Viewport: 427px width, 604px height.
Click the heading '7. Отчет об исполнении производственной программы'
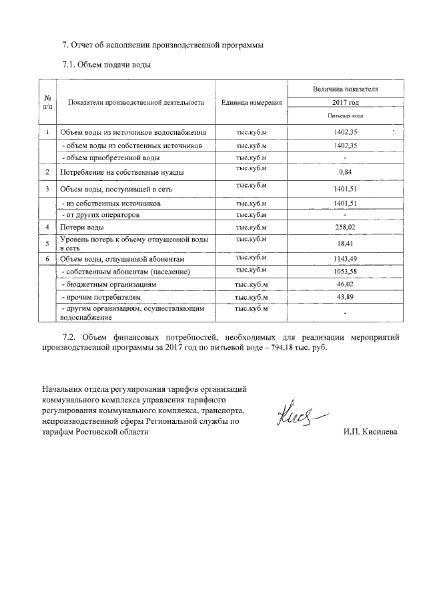click(163, 45)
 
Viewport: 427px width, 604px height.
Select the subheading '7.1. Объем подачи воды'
click(106, 65)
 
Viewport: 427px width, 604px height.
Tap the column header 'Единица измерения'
click(252, 103)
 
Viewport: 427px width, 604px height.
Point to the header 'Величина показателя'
click(345, 88)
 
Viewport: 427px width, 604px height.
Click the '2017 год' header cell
click(345, 103)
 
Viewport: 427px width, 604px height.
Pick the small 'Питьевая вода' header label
click(345, 115)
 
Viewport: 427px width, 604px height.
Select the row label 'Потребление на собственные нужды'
click(122, 172)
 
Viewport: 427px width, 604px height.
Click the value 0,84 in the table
click(345, 172)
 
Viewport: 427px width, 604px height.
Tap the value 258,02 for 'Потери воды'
click(345, 228)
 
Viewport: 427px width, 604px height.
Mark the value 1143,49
click(345, 259)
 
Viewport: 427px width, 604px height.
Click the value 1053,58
click(345, 272)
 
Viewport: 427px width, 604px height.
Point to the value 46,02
click(345, 284)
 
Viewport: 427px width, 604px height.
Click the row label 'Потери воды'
click(81, 228)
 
